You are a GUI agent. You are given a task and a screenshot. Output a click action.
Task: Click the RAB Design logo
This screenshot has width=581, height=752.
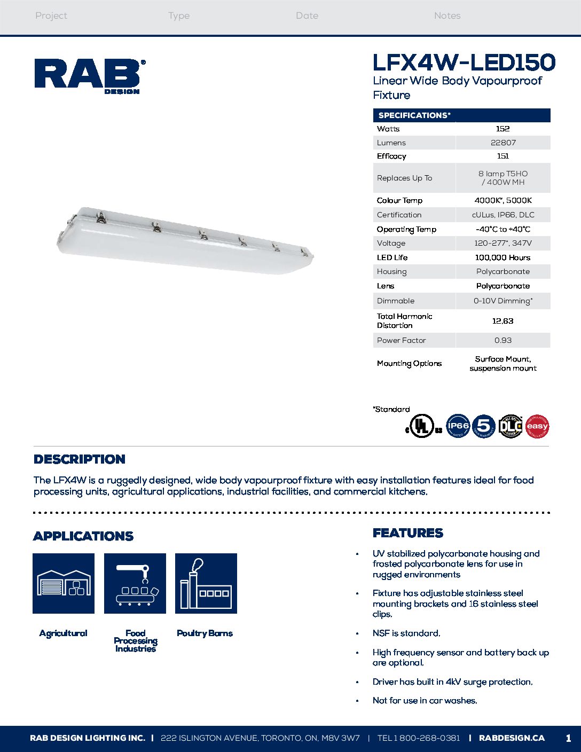pyautogui.click(x=89, y=76)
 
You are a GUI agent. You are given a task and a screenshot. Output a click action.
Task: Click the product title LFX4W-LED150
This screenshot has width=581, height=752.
pyautogui.click(x=464, y=63)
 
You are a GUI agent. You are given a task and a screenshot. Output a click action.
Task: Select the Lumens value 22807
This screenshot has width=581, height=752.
pyautogui.click(x=503, y=143)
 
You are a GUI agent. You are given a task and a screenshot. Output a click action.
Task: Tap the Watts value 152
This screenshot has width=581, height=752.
pyautogui.click(x=503, y=129)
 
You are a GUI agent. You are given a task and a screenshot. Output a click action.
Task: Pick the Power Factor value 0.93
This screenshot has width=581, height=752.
pyautogui.click(x=503, y=340)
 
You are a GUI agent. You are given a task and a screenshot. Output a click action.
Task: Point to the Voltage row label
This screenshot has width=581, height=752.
pyautogui.click(x=391, y=243)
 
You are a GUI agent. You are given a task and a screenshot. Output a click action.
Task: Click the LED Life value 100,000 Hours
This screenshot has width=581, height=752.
pyautogui.click(x=503, y=257)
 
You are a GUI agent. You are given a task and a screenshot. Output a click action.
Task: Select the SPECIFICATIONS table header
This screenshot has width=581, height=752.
pyautogui.click(x=414, y=115)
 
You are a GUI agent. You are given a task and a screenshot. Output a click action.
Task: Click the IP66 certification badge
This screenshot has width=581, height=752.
pyautogui.click(x=458, y=426)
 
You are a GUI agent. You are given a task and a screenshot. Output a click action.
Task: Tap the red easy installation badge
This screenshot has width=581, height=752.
pyautogui.click(x=537, y=426)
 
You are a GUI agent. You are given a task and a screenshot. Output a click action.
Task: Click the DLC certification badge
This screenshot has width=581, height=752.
pyautogui.click(x=510, y=426)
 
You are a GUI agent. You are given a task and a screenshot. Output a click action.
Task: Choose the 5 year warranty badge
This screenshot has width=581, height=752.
pyautogui.click(x=484, y=426)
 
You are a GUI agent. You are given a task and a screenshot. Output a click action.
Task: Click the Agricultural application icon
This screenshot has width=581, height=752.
pyautogui.click(x=64, y=583)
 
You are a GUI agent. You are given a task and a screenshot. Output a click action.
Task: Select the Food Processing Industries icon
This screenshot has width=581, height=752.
pyautogui.click(x=135, y=583)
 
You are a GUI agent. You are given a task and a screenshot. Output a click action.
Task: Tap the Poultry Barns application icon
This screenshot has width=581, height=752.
pyautogui.click(x=206, y=583)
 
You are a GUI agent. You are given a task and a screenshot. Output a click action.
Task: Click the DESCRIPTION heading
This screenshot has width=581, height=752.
pyautogui.click(x=80, y=459)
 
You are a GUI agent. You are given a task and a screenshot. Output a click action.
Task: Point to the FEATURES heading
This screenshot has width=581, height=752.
pyautogui.click(x=408, y=533)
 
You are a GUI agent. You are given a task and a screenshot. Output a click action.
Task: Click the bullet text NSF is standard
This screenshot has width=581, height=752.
pyautogui.click(x=406, y=633)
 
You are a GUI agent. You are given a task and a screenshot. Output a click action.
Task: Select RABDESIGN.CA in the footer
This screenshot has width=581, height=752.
pyautogui.click(x=512, y=738)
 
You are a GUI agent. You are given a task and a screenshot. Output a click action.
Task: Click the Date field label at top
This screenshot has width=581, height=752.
pyautogui.click(x=307, y=16)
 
